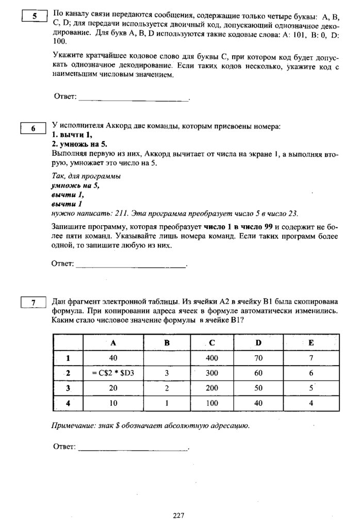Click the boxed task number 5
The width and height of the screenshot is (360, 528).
point(35,16)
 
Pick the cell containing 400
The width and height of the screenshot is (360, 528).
point(212,357)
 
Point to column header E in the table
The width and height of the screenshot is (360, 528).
point(311,343)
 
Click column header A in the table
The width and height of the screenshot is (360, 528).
point(113,343)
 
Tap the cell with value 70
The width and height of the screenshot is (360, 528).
point(258,357)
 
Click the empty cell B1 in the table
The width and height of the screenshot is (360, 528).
point(167,357)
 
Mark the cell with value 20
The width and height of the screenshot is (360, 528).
point(113,387)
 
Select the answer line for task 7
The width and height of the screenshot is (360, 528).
point(133,449)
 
